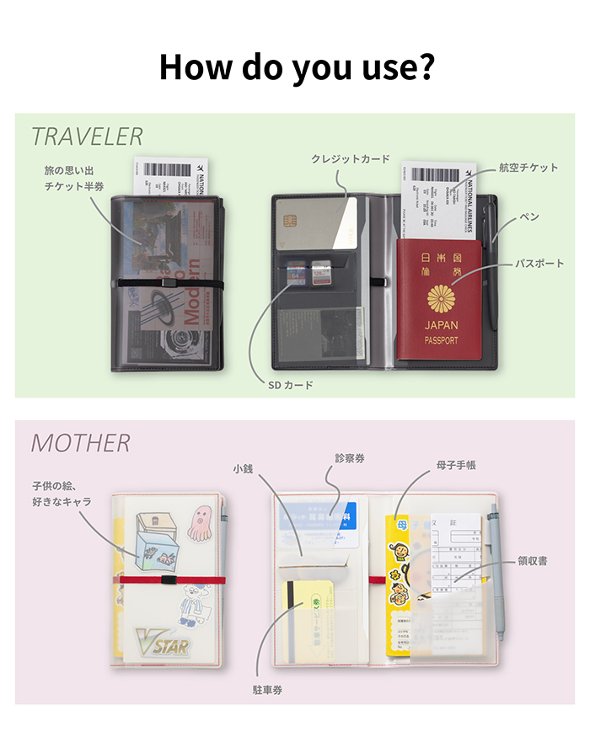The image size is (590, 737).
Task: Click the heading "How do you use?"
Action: [x=295, y=67]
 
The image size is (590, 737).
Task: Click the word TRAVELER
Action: [x=87, y=136]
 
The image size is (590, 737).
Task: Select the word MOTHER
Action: [x=81, y=443]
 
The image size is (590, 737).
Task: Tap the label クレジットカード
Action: [x=350, y=158]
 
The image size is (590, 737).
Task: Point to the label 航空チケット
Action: [x=528, y=168]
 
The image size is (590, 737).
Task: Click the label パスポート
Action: [x=539, y=264]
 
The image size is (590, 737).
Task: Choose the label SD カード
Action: [x=291, y=385]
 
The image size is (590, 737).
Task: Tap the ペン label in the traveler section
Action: [x=529, y=217]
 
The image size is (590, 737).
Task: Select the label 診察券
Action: [x=350, y=459]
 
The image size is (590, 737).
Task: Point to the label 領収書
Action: [x=533, y=560]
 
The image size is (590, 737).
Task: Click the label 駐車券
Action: [x=268, y=690]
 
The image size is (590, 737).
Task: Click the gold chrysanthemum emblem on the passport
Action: [x=442, y=297]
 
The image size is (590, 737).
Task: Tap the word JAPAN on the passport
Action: [x=442, y=325]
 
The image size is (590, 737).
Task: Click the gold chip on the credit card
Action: [x=290, y=224]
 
